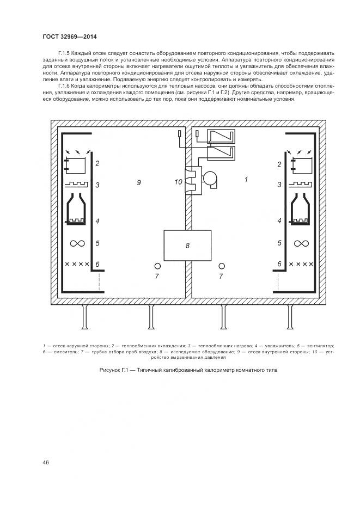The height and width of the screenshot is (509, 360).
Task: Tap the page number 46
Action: (x=46, y=463)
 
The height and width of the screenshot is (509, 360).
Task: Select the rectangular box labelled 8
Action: (x=187, y=246)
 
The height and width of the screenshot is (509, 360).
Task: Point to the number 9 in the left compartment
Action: (x=139, y=182)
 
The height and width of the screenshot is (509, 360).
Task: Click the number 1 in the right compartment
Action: (x=246, y=179)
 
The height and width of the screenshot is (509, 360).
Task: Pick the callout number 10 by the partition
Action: (x=178, y=182)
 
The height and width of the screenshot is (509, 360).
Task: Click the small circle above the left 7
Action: (x=157, y=266)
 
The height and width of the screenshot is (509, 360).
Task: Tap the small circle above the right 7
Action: (x=221, y=266)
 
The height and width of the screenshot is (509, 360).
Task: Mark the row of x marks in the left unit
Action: (x=77, y=264)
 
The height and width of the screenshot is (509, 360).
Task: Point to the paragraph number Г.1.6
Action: (x=64, y=86)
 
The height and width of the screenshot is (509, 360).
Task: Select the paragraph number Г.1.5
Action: (x=64, y=53)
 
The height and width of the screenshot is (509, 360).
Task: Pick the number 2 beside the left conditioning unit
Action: (x=97, y=163)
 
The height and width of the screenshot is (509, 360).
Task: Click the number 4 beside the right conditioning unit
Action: (x=279, y=221)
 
